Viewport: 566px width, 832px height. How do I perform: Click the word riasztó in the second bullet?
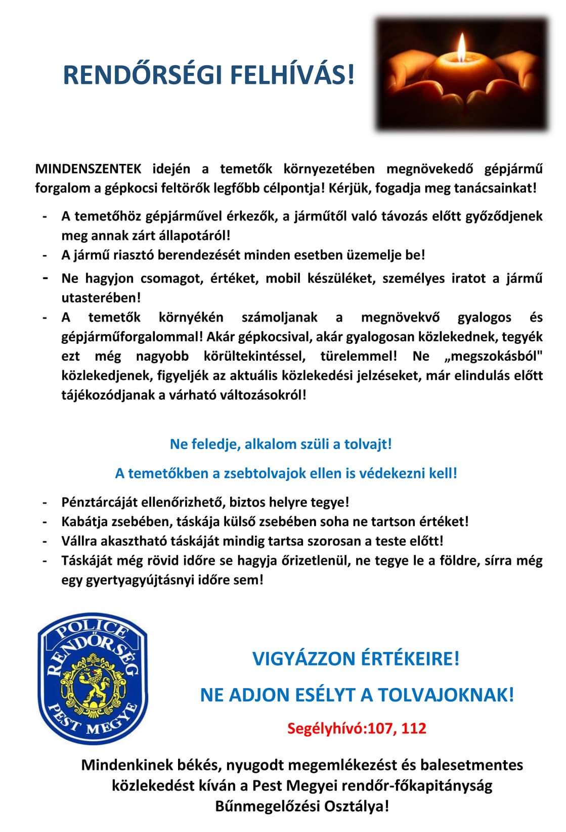point(134,255)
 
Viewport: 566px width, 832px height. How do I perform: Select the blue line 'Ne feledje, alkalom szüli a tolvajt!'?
point(281,445)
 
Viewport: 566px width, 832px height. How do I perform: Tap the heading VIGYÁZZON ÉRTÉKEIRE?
point(356,659)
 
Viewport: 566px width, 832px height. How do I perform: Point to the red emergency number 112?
point(415,728)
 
